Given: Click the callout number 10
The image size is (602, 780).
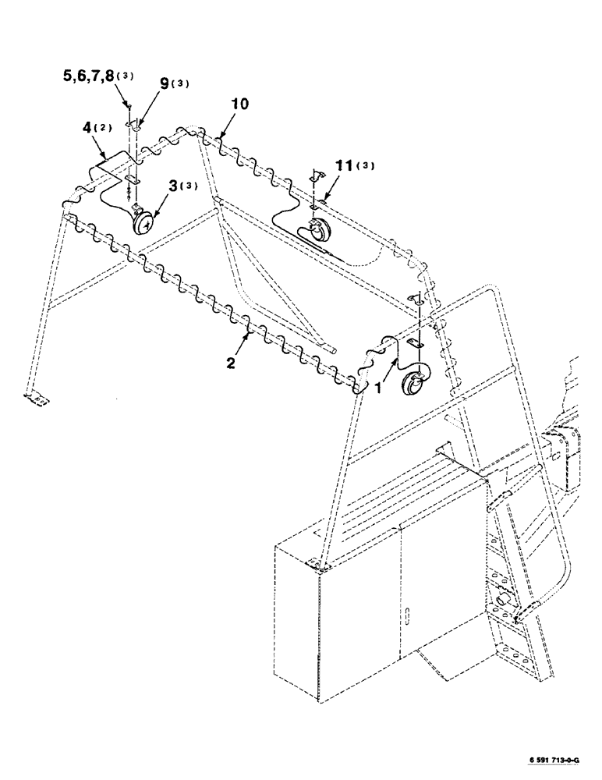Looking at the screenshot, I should point(240,105).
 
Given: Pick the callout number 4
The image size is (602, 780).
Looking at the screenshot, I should point(85,127).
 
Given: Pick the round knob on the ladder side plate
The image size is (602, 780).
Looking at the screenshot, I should point(503,601).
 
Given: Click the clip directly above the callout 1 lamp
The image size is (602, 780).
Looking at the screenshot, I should point(414,345).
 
